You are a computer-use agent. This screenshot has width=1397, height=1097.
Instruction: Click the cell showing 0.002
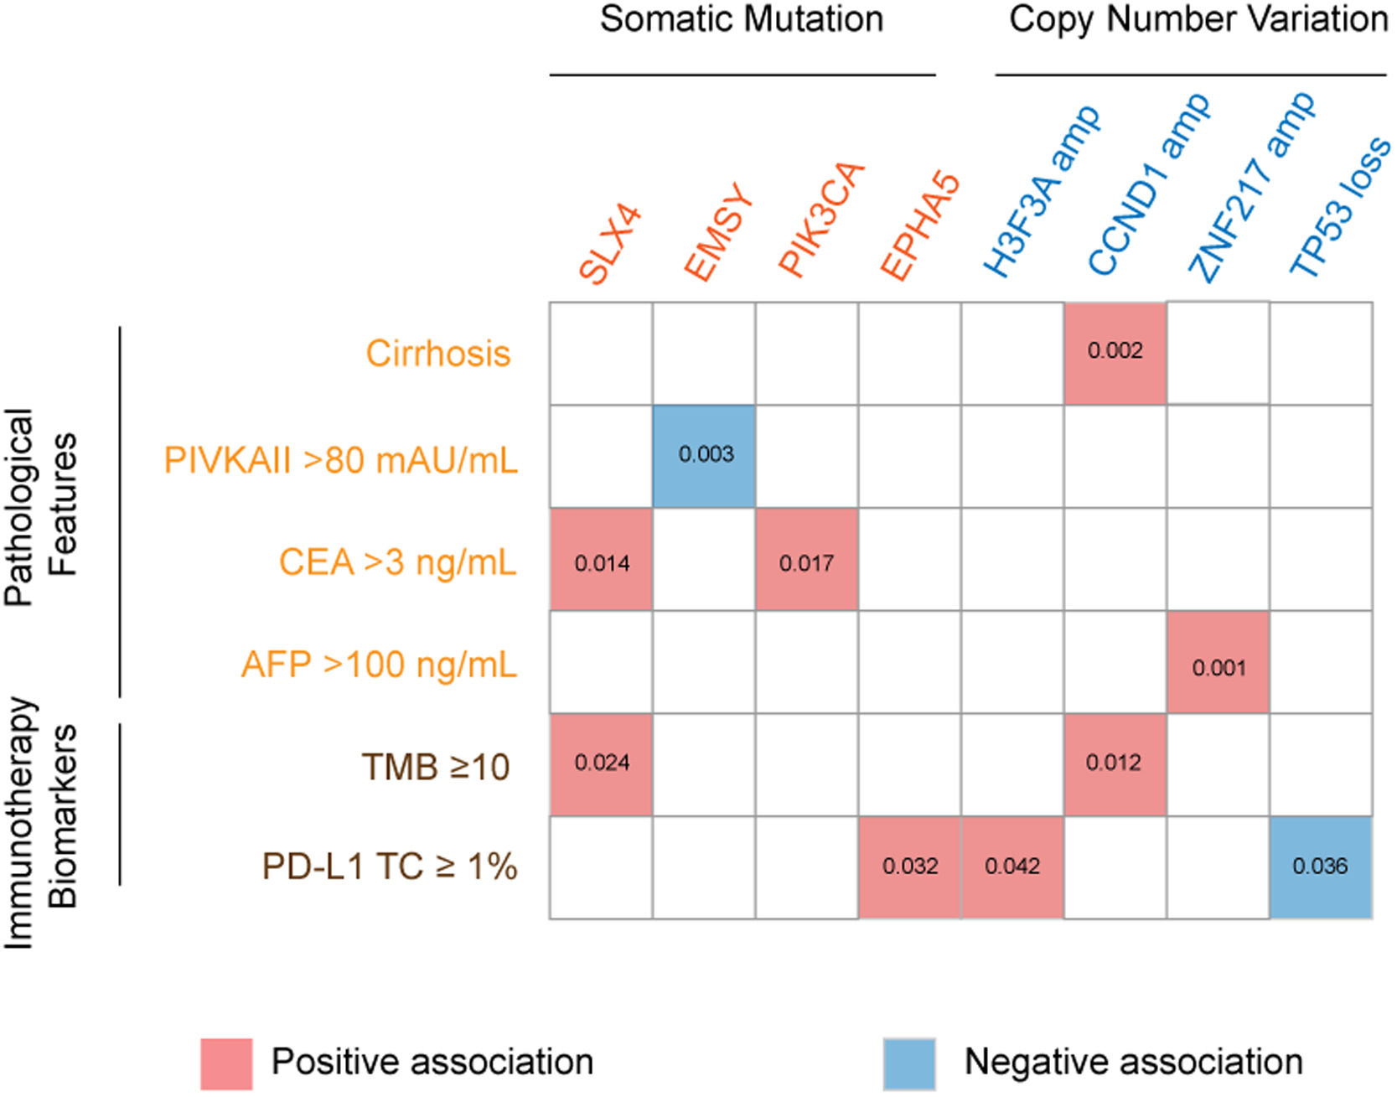[x=1115, y=353]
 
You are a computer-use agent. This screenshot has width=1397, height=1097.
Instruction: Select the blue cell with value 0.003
[x=704, y=456]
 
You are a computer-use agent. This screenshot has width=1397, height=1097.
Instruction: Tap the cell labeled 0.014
[x=601, y=559]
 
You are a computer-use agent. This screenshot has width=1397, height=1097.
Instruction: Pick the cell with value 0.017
[x=806, y=559]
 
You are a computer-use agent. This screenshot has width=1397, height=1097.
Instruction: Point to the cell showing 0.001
[x=1218, y=662]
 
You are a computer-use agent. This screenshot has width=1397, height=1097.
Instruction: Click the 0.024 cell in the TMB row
[x=601, y=764]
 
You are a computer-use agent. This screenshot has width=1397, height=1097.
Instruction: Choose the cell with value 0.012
[x=1115, y=764]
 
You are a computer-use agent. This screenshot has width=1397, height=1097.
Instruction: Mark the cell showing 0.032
[x=909, y=867]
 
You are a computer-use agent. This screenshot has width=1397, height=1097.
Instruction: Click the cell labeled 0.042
[x=1012, y=867]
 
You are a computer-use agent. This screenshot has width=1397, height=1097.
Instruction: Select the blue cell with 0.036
[x=1321, y=867]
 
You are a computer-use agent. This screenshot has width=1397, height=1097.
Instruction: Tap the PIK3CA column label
[x=820, y=220]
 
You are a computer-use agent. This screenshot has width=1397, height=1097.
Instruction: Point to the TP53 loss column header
[x=1338, y=207]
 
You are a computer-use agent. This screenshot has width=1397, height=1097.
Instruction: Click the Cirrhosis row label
[x=437, y=353]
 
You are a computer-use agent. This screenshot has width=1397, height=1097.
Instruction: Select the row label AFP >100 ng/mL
[x=379, y=665]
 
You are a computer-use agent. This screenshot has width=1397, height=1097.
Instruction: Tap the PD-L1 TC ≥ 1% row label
[x=390, y=867]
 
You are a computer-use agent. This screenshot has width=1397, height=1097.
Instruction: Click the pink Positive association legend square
[x=226, y=1063]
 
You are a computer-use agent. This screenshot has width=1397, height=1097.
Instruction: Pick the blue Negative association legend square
[x=908, y=1063]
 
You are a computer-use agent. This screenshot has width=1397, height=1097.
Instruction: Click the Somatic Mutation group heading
[x=742, y=19]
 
